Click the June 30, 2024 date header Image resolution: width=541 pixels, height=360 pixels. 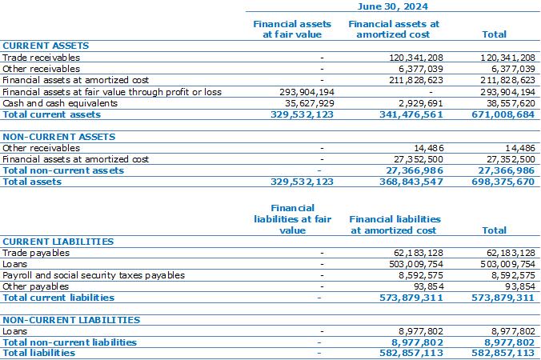point(393,6)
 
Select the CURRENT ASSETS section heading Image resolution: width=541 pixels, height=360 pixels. point(46,46)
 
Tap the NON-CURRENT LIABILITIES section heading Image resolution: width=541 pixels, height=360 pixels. point(71,320)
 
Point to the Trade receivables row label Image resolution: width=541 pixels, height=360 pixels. point(41,58)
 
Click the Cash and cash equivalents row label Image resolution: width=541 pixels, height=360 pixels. point(60,103)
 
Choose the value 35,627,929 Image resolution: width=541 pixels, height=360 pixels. point(310,103)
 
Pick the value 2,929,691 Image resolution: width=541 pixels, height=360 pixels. point(421,103)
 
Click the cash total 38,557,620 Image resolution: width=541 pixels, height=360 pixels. point(511,103)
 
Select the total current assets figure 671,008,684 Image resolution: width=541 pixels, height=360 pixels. point(503,114)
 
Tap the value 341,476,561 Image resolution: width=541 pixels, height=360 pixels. point(411,114)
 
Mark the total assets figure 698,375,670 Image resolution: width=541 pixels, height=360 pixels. point(503,182)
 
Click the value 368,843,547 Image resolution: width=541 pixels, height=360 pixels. point(411,182)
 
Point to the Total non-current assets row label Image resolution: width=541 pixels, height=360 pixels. point(63,170)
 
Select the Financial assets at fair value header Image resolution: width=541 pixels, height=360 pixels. point(292,29)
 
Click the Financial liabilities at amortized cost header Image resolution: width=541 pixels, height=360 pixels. point(395,225)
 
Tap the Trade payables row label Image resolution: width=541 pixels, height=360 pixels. point(36,253)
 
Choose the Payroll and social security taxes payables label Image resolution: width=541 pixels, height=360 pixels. point(94,275)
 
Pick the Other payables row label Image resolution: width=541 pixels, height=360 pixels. point(35,286)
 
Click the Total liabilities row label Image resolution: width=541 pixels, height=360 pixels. point(38,353)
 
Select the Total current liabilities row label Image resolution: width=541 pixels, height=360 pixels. point(58,298)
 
